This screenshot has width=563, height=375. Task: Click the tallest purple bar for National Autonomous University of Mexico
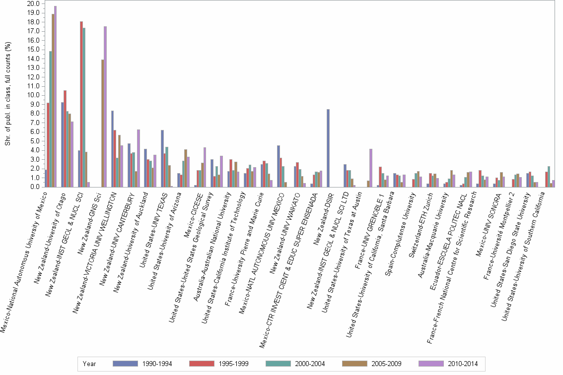pos(56,97)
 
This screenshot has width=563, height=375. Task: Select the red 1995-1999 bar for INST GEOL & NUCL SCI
pos(81,104)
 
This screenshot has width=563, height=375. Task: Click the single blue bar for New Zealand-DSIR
pos(328,148)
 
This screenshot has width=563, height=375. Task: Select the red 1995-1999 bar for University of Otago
pos(65,139)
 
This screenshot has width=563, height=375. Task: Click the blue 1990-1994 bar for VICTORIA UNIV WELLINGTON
pos(113,149)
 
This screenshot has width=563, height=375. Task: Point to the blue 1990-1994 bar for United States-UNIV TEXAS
pos(162,159)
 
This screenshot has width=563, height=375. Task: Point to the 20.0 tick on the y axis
pos(33,3)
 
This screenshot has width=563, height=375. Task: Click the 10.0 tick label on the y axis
pos(33,95)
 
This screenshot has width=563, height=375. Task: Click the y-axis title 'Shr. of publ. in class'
pos(7,94)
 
